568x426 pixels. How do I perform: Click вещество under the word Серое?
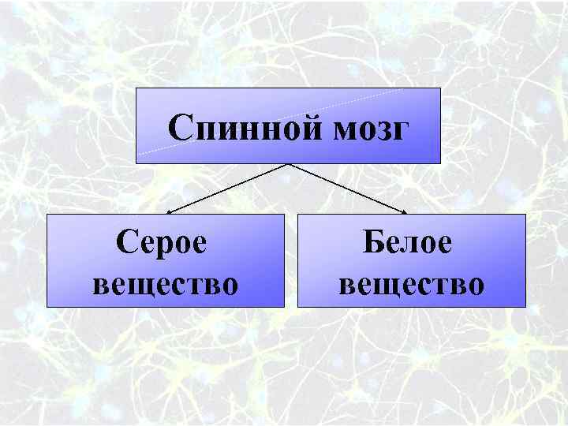[x=165, y=282]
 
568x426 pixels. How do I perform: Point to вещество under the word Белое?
[x=411, y=282]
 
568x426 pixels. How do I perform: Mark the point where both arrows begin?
[x=289, y=164]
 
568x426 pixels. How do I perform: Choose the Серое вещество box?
[x=165, y=260]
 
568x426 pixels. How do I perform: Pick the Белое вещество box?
[x=411, y=260]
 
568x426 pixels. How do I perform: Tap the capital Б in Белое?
[x=375, y=241]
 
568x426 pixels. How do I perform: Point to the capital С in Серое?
[x=129, y=241]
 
